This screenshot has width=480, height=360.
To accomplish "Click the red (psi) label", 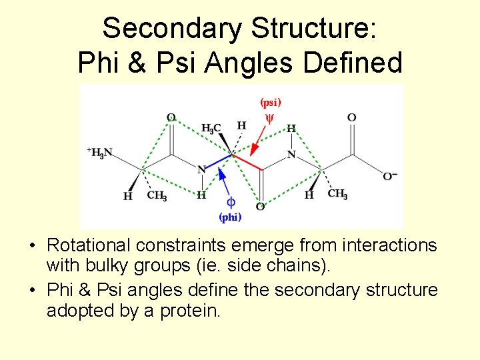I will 270,103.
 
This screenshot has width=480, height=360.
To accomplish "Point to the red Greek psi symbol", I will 270,118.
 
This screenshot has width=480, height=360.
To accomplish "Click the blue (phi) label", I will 231,217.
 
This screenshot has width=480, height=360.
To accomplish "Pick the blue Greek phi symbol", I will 231,202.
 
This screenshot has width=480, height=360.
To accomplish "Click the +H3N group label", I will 99,153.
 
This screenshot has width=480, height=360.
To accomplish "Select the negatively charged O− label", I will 389,176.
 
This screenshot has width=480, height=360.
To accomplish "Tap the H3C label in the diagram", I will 211,128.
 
